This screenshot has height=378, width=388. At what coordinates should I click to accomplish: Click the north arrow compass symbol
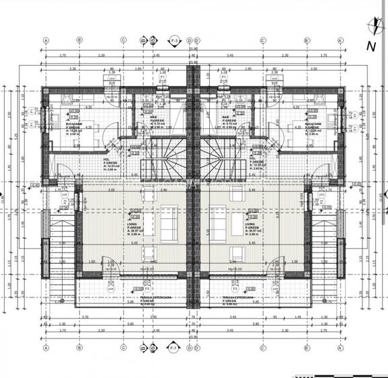pos(371,27)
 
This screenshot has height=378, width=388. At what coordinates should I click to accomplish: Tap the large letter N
pos(371,46)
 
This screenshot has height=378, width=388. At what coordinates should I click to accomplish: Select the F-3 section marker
pos(174,41)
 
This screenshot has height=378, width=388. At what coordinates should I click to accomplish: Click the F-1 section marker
pos(173,349)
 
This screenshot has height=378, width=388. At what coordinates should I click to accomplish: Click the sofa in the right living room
pos(219,221)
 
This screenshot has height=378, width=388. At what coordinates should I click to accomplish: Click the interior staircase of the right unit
pos(222,152)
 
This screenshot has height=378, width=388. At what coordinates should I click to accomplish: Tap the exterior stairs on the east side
pos(331,248)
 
